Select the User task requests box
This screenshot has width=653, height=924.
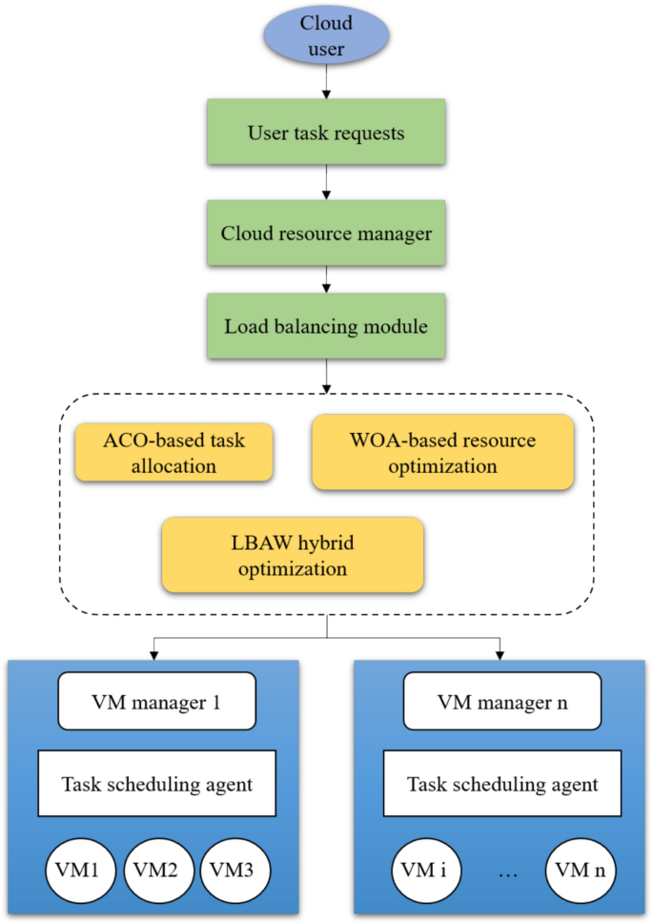click(326, 133)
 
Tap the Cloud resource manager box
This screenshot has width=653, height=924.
click(326, 233)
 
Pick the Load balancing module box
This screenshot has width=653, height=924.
click(326, 326)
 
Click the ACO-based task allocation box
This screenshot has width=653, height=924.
click(173, 453)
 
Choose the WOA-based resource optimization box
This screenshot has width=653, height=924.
click(443, 453)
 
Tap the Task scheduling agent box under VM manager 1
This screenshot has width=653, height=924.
click(157, 785)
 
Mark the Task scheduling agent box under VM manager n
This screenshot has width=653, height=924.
click(502, 785)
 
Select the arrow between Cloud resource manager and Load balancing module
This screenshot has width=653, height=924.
click(327, 279)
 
